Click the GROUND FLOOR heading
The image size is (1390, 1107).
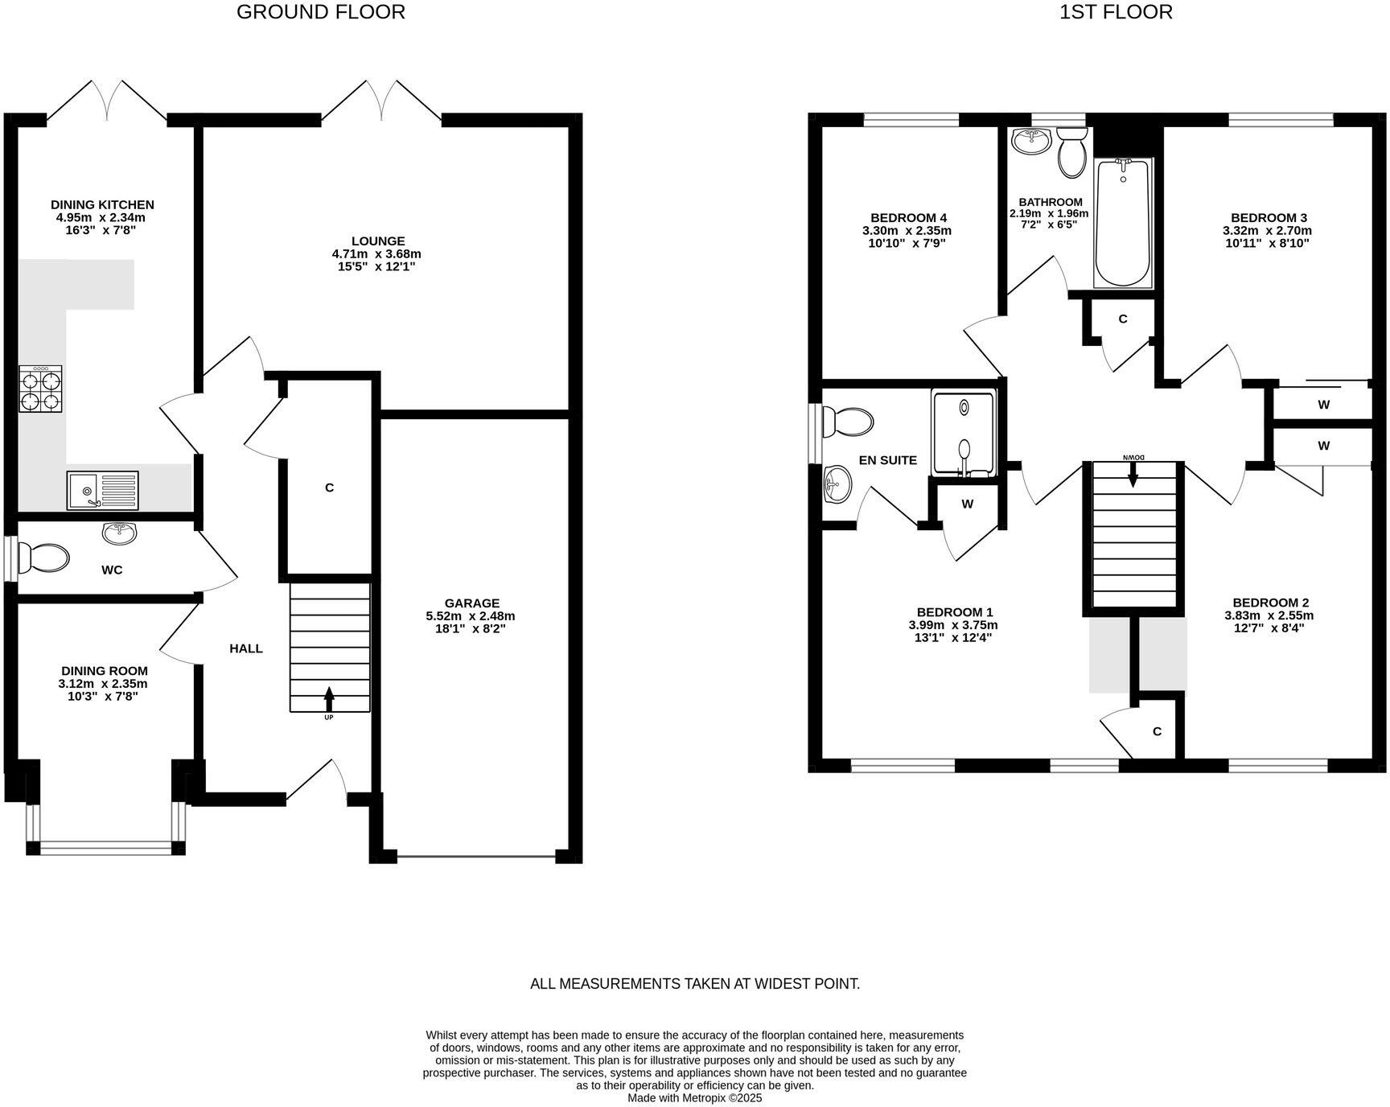click(x=320, y=12)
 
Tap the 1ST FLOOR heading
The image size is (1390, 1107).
click(x=1115, y=12)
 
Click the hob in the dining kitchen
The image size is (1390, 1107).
click(x=40, y=389)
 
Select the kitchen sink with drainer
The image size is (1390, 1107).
click(x=103, y=490)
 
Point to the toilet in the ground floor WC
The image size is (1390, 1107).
click(x=44, y=557)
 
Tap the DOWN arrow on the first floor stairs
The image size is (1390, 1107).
click(x=1133, y=475)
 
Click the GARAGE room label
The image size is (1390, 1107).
click(x=471, y=603)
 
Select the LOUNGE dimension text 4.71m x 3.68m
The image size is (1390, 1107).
click(x=376, y=254)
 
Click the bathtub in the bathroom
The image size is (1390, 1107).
click(x=1123, y=223)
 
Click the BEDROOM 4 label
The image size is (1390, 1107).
click(x=908, y=218)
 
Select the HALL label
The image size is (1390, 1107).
click(x=245, y=648)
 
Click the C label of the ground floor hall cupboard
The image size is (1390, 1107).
click(x=329, y=488)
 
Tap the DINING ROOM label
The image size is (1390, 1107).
click(x=105, y=671)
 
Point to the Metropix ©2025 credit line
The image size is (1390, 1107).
click(x=694, y=1097)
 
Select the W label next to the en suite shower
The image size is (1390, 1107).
click(x=967, y=504)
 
